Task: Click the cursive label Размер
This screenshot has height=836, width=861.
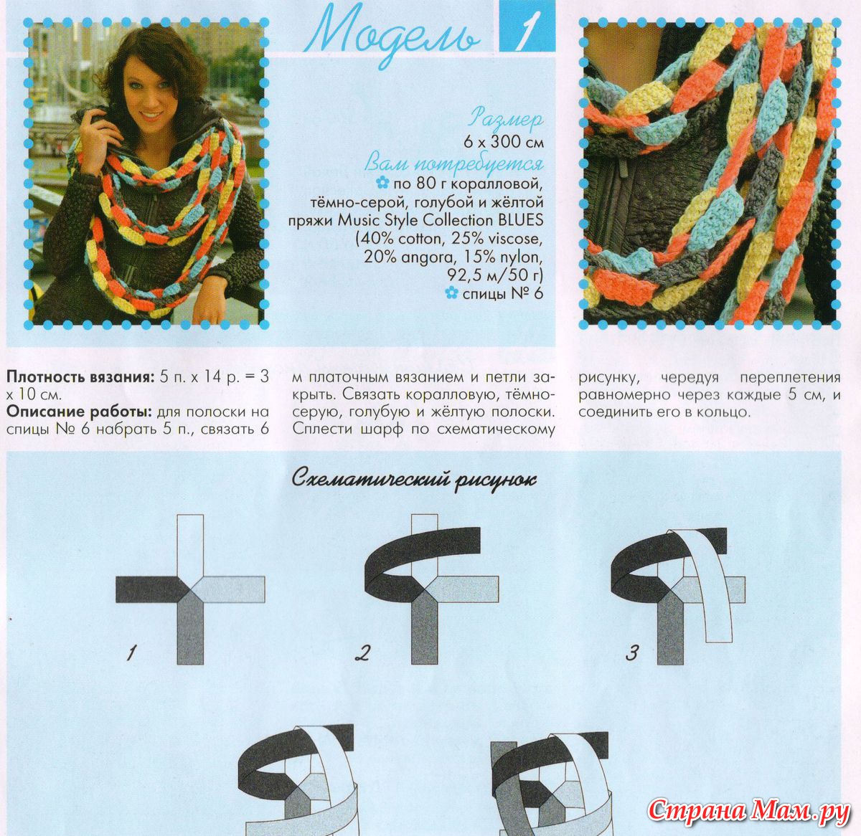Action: pyautogui.click(x=507, y=119)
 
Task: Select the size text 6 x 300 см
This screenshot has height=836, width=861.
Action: pyautogui.click(x=504, y=143)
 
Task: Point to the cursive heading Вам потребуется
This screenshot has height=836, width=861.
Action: pyautogui.click(x=454, y=164)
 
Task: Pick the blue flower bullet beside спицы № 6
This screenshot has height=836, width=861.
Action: pyautogui.click(x=451, y=293)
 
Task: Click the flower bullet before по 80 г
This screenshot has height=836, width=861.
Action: pyautogui.click(x=382, y=182)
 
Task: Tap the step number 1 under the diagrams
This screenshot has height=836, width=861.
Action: pyautogui.click(x=131, y=653)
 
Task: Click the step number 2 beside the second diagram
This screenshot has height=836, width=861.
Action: pyautogui.click(x=362, y=653)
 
